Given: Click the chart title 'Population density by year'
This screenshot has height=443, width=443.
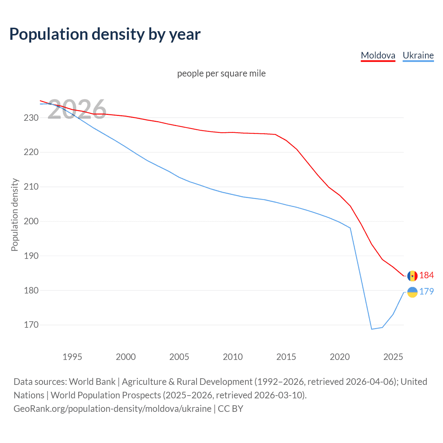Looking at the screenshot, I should click(105, 34).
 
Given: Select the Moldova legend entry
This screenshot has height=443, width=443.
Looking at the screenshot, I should click(378, 55).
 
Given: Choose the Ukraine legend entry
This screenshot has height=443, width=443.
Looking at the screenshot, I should click(418, 55).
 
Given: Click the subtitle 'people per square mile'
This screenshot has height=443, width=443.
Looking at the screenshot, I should click(221, 73).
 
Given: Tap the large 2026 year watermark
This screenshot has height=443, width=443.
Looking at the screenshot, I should click(77, 109).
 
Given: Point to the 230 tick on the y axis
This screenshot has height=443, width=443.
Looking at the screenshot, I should click(31, 118).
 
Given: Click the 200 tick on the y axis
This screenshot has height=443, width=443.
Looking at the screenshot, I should click(31, 221).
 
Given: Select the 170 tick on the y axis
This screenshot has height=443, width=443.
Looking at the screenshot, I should click(31, 325).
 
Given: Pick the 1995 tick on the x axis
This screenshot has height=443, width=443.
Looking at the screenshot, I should click(72, 357).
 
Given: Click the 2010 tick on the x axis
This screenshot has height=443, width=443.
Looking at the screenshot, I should click(233, 357).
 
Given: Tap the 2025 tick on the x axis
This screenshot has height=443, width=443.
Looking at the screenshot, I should click(393, 357).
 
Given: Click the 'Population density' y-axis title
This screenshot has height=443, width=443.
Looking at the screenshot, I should click(15, 215).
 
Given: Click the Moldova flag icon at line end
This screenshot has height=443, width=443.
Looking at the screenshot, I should click(412, 276).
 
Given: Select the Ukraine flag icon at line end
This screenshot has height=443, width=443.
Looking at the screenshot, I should click(412, 292).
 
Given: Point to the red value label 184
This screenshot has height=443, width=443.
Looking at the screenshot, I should click(426, 275).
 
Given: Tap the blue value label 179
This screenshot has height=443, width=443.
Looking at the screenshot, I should click(426, 291).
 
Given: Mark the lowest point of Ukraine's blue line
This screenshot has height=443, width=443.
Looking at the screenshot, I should click(372, 329).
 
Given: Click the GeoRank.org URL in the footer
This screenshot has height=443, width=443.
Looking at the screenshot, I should click(112, 408).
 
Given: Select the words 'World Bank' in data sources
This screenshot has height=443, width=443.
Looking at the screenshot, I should click(92, 381).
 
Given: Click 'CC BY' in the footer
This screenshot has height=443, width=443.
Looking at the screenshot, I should click(230, 408).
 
